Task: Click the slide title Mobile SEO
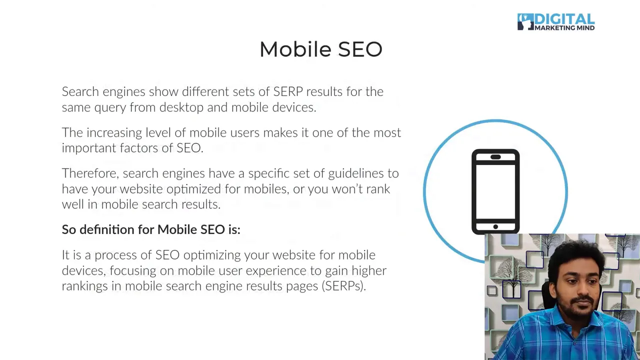pyautogui.click(x=320, y=49)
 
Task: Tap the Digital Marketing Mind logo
pyautogui.click(x=555, y=22)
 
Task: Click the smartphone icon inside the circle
pyautogui.click(x=495, y=191)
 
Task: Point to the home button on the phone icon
pyautogui.click(x=495, y=227)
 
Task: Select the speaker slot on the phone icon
pyautogui.click(x=495, y=157)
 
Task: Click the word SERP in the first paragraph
pyautogui.click(x=287, y=91)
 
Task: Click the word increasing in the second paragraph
pyautogui.click(x=114, y=132)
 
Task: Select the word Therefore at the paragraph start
pyautogui.click(x=90, y=173)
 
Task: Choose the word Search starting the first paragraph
pyautogui.click(x=80, y=91)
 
